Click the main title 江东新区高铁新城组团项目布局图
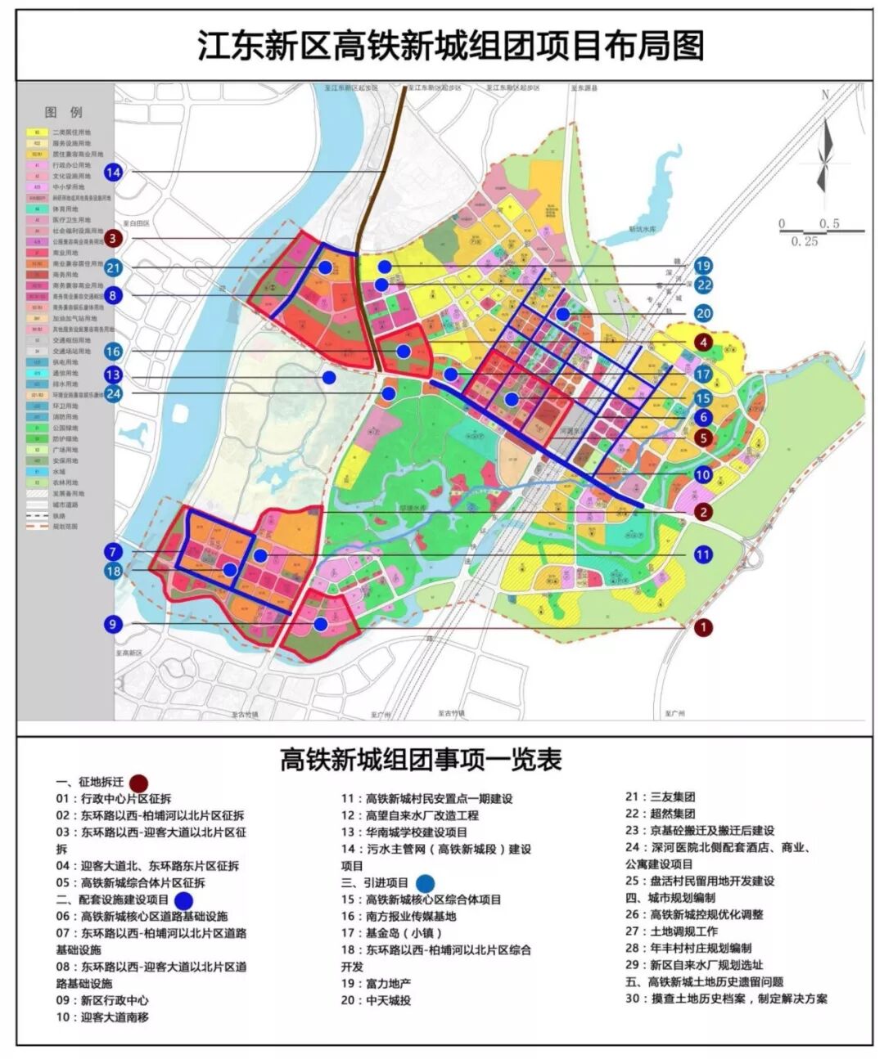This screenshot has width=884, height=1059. (450, 46)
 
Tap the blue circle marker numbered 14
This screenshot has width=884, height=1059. (114, 172)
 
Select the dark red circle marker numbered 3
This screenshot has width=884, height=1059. (114, 239)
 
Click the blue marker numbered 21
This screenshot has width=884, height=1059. (114, 267)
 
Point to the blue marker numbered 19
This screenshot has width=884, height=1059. (703, 266)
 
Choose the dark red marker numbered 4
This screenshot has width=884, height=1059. (703, 343)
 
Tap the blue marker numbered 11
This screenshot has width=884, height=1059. (703, 554)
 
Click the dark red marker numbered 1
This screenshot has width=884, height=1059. (703, 627)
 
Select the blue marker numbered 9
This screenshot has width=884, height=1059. (114, 624)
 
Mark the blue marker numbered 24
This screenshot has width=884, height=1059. (114, 393)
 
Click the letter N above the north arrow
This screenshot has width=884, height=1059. (825, 95)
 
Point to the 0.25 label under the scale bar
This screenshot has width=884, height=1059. (805, 241)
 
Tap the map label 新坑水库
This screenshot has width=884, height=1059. (643, 230)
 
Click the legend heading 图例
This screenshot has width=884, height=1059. (64, 112)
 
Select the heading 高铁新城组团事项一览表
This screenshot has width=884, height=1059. (421, 760)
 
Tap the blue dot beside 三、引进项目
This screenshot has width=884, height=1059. (425, 882)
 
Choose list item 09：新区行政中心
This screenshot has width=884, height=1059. (102, 1000)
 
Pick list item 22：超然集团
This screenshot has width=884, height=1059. (661, 814)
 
